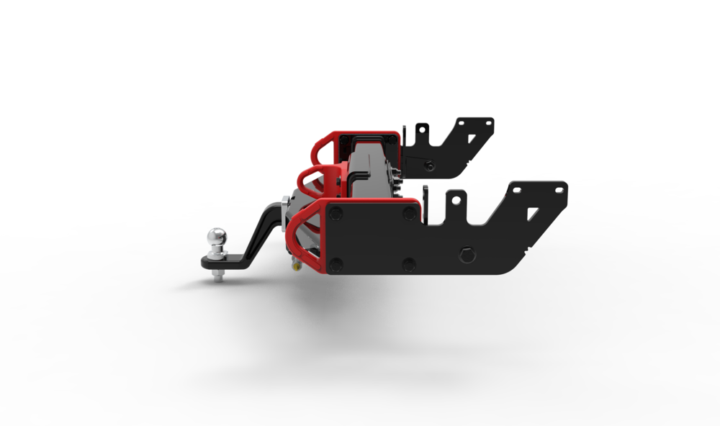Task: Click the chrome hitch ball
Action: (x=217, y=237)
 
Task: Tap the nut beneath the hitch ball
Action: (x=218, y=274)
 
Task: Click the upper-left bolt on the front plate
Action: (x=336, y=214)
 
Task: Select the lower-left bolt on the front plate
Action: (x=336, y=265)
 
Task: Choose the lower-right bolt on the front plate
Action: (x=409, y=265)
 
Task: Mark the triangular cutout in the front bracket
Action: (x=531, y=212)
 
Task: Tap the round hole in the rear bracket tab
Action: (x=422, y=130)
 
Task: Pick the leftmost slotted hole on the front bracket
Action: (x=516, y=190)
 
